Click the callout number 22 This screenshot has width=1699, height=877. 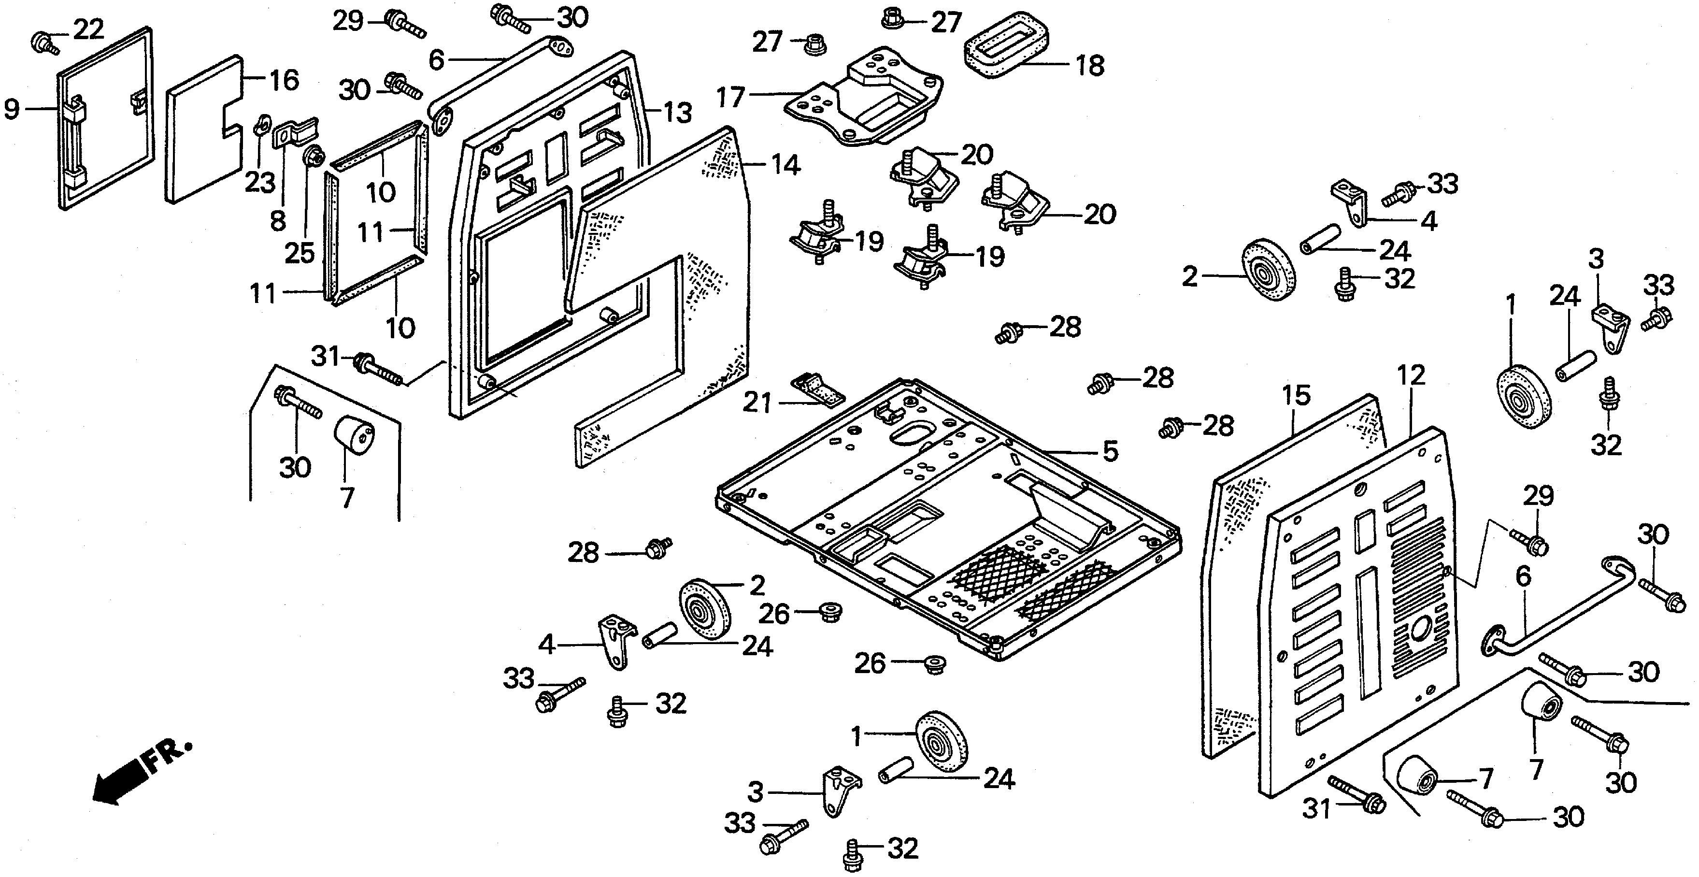pos(88,29)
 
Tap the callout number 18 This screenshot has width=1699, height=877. pos(1089,65)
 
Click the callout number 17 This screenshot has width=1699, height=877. pos(731,97)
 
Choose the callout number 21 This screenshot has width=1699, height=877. pos(757,403)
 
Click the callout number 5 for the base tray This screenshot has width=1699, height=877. pos(1111,451)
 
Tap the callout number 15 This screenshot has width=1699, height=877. pos(1296,395)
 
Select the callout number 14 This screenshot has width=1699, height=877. pos(785,164)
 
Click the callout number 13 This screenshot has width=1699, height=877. pos(677,113)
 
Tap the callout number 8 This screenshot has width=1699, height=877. pos(278,221)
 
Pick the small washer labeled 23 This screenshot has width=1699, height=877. pos(261,123)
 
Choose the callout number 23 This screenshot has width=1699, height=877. pos(260,182)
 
